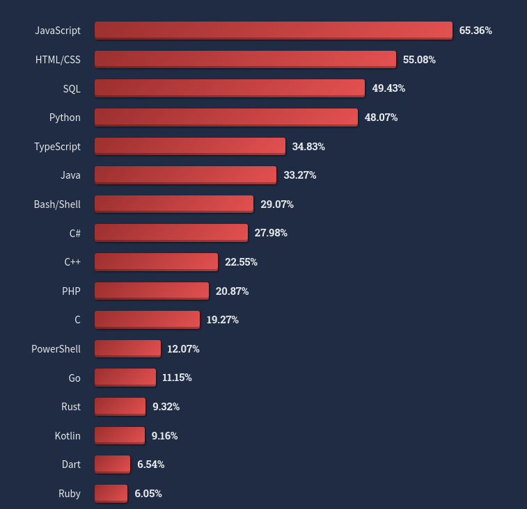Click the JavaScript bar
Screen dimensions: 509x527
pos(273,31)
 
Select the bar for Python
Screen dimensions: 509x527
pos(226,118)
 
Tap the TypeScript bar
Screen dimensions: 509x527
pos(189,146)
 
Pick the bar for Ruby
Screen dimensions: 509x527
pos(111,494)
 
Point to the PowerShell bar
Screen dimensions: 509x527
pos(127,349)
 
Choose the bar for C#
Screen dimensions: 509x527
pos(171,233)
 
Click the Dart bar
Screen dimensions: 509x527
pos(112,464)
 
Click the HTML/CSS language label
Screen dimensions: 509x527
pos(58,60)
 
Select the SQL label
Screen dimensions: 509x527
pos(72,88)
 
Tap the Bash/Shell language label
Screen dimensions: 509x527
pos(57,204)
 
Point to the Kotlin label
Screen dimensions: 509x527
pos(68,436)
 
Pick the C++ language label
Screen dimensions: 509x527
pos(72,262)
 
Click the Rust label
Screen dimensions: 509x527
pos(71,407)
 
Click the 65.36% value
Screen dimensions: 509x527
pos(475,31)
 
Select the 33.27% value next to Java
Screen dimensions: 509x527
pos(300,175)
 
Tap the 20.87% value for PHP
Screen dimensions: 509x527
pos(232,291)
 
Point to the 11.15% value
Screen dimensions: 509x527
pos(177,378)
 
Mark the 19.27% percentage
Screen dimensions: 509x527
pos(223,320)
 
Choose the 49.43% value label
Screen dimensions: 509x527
pos(388,88)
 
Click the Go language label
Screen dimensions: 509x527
pos(74,378)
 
